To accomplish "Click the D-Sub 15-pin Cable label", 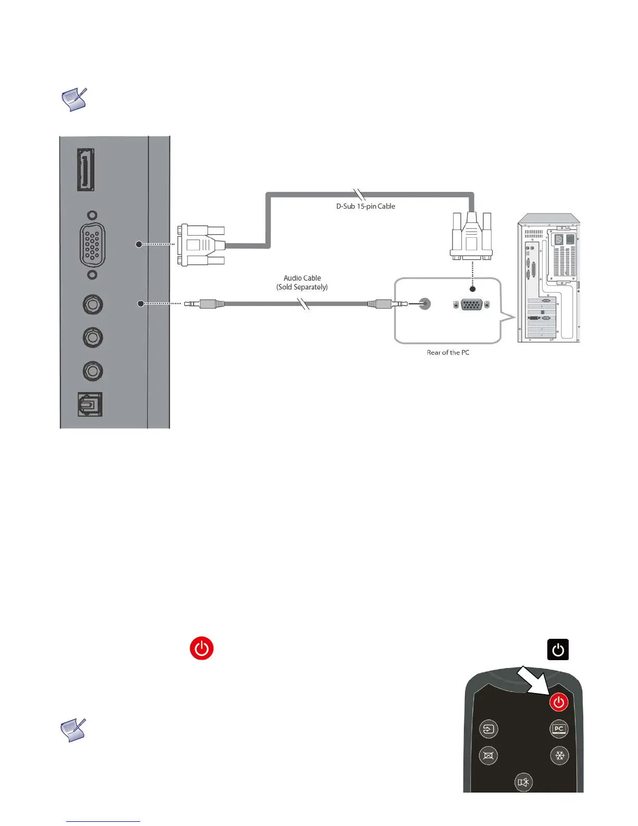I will (x=365, y=207).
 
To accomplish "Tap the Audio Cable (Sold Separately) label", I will (x=302, y=283).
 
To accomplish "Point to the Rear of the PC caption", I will (x=448, y=353).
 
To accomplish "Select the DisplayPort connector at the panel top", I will (x=86, y=169).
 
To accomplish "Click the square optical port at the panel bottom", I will (x=90, y=404).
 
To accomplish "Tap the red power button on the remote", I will (x=558, y=702).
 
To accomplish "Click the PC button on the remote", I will (x=559, y=729).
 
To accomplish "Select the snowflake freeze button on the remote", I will (x=560, y=756).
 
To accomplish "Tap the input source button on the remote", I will (x=488, y=729).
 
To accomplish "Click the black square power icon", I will (x=558, y=650).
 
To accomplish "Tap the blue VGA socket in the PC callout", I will (x=472, y=305).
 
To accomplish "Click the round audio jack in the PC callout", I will (x=425, y=304).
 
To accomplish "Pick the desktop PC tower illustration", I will (x=548, y=279).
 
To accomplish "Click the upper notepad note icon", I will (x=74, y=99).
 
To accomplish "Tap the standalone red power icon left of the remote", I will (x=202, y=648).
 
